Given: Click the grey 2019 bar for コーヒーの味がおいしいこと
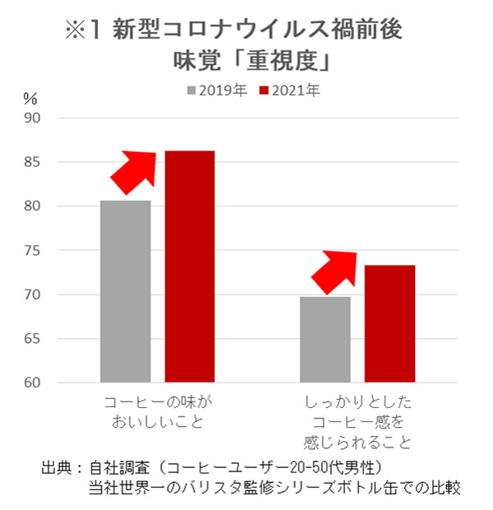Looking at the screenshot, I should tap(126, 291).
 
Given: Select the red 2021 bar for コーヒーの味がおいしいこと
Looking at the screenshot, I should tap(190, 267).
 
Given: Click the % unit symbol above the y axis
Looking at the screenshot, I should tap(30, 98).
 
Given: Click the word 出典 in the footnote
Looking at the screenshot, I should tap(57, 468).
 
